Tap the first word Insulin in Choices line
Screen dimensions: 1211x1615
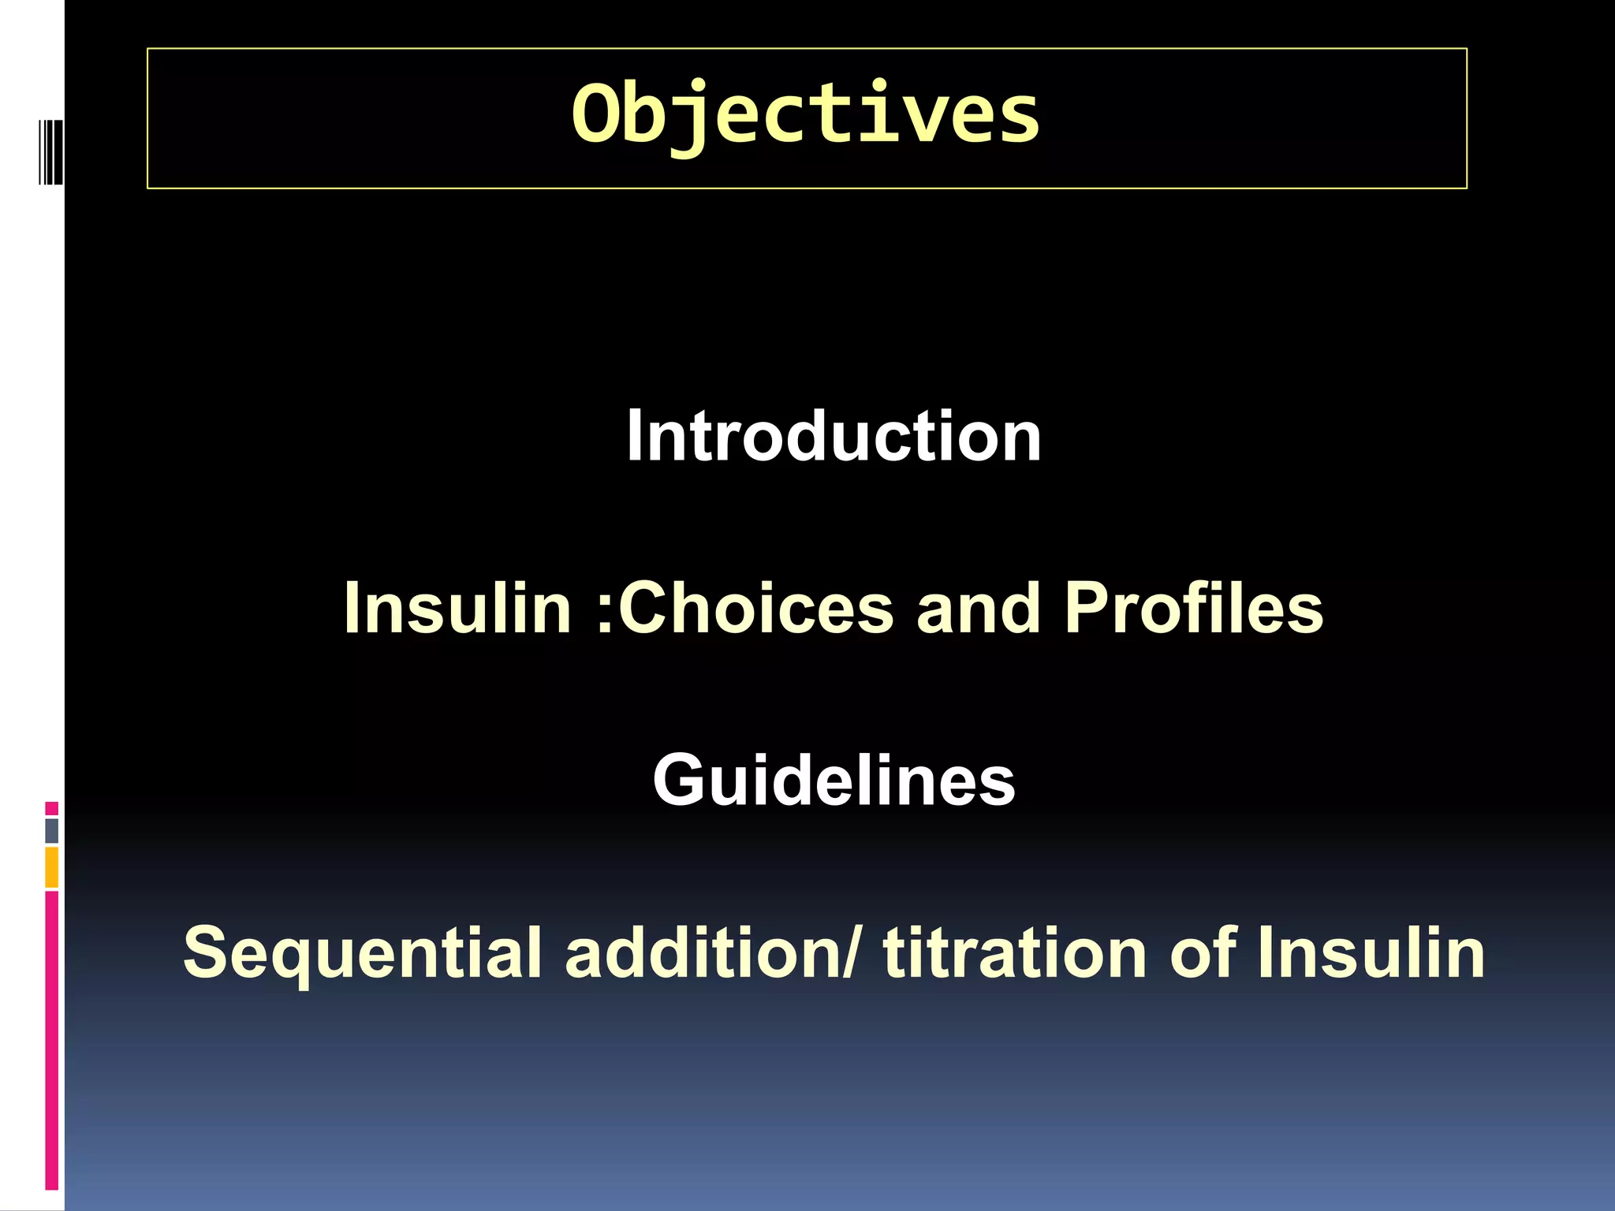[457, 608]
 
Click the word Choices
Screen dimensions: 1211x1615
[756, 608]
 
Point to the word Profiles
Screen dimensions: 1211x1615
[1193, 608]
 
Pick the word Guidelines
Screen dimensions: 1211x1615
[834, 780]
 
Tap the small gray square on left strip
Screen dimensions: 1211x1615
[52, 830]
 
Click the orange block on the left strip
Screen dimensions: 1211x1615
[52, 867]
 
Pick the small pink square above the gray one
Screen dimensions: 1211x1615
[52, 808]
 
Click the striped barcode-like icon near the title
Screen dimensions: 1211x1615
[50, 151]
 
